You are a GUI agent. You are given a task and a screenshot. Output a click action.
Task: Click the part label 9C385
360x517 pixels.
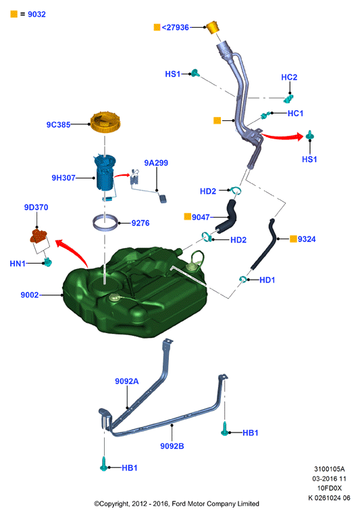(58, 124)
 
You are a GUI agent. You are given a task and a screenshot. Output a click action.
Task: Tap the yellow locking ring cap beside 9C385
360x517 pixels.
(105, 122)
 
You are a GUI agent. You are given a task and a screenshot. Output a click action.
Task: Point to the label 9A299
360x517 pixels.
(156, 163)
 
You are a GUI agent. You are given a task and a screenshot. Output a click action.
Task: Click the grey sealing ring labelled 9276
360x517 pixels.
(105, 222)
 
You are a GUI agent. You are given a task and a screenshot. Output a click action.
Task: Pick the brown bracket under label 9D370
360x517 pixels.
(39, 236)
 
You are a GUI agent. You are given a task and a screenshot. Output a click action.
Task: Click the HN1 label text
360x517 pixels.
(18, 264)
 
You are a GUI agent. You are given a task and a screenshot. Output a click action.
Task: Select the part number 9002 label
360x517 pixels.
(30, 295)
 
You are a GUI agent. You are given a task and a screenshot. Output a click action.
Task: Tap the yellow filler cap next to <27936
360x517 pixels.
(213, 27)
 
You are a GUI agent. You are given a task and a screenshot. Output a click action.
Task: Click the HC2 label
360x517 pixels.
(289, 77)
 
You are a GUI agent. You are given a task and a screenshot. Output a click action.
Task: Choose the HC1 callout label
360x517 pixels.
(295, 114)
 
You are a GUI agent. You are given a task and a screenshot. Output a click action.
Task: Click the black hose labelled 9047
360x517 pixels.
(227, 216)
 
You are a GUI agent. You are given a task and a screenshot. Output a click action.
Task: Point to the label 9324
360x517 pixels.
(307, 239)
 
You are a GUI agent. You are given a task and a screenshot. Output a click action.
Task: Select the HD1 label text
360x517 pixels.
(267, 280)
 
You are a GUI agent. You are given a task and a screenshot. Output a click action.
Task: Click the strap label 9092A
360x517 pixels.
(127, 381)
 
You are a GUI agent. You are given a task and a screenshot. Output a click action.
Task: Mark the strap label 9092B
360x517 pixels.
(172, 446)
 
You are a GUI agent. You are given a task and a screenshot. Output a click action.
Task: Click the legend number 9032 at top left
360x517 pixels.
(36, 14)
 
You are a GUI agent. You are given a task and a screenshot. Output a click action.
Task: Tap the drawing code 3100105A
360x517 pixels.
(330, 469)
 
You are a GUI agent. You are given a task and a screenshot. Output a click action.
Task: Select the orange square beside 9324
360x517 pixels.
(293, 239)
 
